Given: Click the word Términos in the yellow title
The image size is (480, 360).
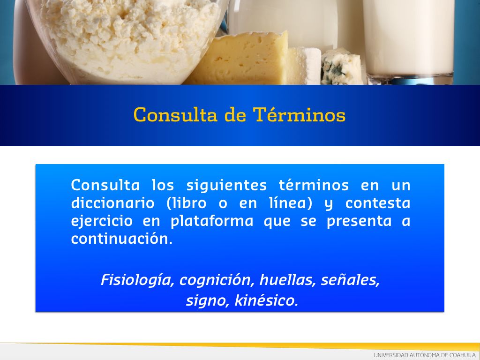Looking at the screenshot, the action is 299,115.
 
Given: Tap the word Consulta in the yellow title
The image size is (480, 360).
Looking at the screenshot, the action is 175,115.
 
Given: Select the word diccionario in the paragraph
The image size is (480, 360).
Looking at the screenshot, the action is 112,203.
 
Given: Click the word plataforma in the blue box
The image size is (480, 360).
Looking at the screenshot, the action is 212,221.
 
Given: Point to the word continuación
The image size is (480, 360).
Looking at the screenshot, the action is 121,239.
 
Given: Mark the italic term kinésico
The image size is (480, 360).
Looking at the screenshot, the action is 266,300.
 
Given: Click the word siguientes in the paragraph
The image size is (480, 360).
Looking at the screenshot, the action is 226,186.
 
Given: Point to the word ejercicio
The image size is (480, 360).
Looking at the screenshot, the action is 102,221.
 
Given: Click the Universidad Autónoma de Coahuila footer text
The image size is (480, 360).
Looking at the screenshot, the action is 425,355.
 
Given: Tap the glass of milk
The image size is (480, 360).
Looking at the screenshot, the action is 408,40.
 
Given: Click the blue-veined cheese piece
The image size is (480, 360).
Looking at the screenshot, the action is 342,66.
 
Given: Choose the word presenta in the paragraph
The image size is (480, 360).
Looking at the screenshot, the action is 359,221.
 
